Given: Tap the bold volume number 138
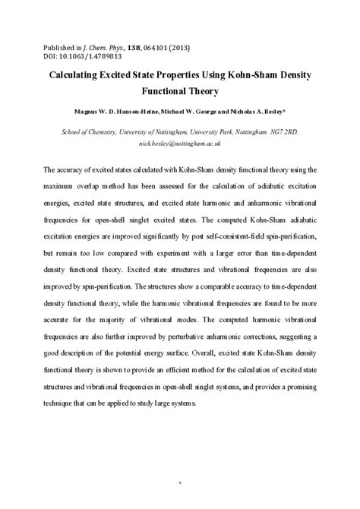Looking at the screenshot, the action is [x=160, y=46].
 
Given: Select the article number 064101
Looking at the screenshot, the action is [x=190, y=46].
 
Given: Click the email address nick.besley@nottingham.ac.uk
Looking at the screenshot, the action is [x=180, y=143].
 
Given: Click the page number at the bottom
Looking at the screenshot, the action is [x=180, y=502].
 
